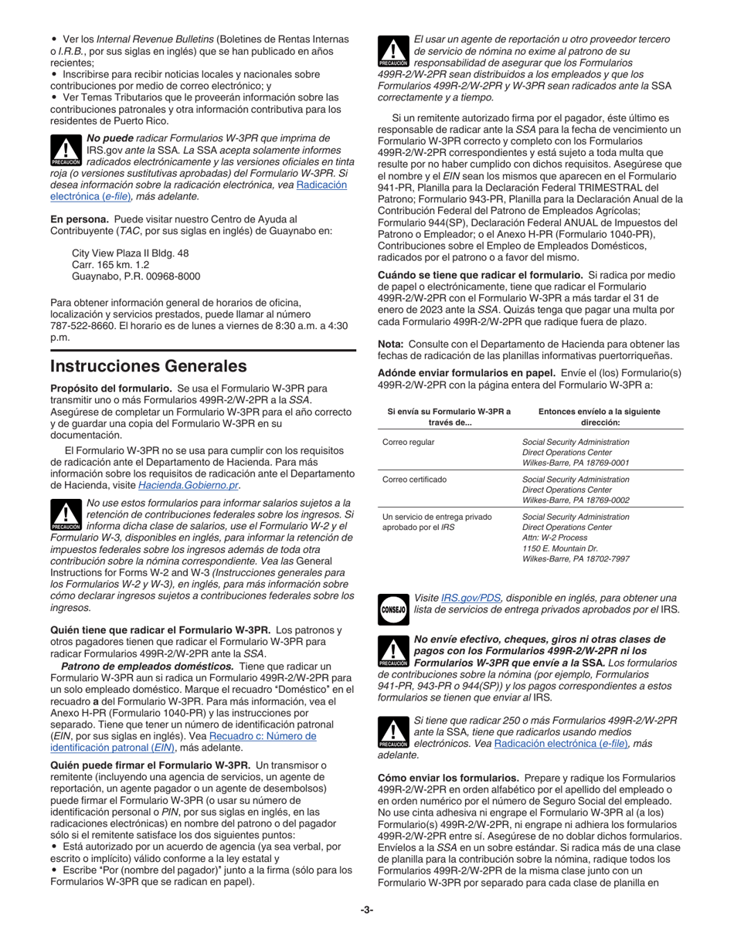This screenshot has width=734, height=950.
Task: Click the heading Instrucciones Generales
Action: coord(148,366)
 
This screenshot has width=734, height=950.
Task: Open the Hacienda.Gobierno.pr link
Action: coord(189,485)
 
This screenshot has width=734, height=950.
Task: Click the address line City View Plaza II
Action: coord(130,253)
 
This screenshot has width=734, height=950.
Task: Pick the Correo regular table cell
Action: coord(409,442)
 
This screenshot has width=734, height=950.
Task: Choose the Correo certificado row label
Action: coord(414,479)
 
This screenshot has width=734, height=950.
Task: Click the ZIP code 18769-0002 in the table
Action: coord(603,500)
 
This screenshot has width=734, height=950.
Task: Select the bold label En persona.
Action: coord(80,219)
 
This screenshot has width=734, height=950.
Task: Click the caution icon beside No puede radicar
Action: coord(66,150)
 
